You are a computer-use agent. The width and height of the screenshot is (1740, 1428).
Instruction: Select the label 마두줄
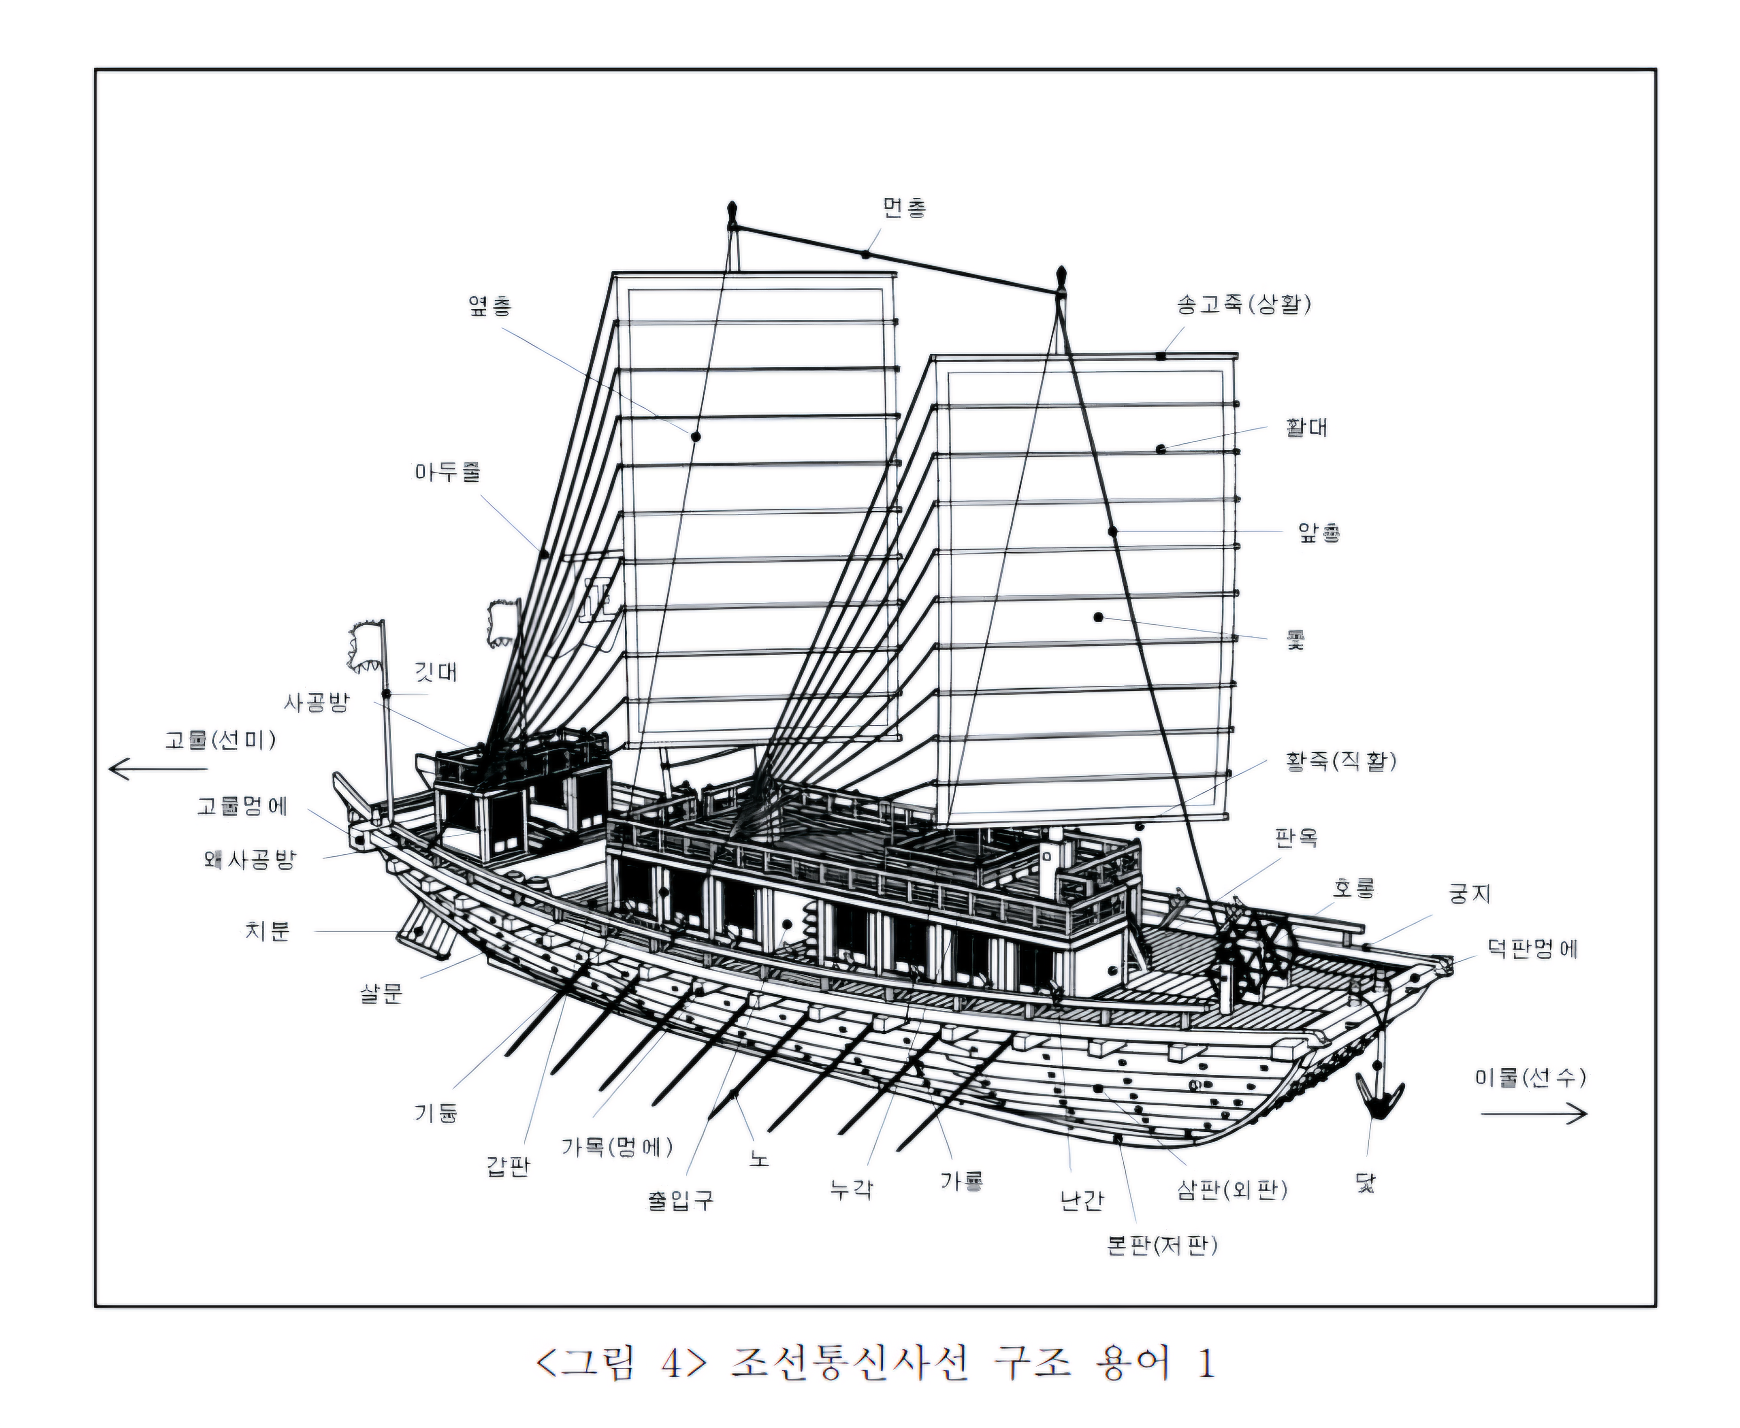pyautogui.click(x=447, y=473)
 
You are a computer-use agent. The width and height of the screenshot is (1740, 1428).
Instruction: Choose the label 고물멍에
pyautogui.click(x=242, y=806)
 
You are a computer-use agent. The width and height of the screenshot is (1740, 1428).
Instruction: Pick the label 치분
pyautogui.click(x=267, y=931)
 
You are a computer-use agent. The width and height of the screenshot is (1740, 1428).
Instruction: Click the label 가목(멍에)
pyautogui.click(x=617, y=1147)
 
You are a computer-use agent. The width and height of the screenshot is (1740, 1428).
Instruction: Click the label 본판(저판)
pyautogui.click(x=1162, y=1245)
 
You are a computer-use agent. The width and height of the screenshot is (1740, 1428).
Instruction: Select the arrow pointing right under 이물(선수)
pyautogui.click(x=1534, y=1114)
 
